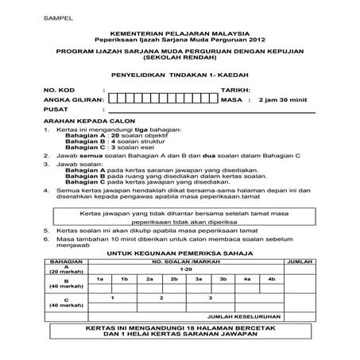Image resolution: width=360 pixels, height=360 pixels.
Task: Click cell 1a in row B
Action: tap(99, 280)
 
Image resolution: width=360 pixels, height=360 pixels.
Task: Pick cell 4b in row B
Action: tap(272, 280)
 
